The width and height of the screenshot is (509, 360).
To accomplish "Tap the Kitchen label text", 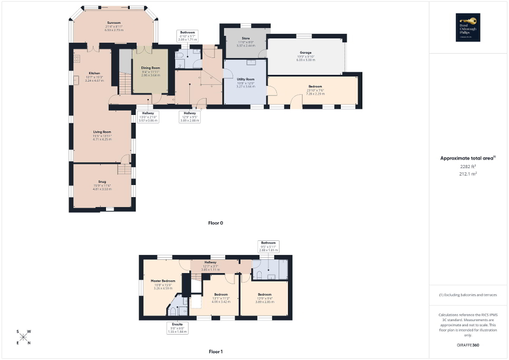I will (80, 73).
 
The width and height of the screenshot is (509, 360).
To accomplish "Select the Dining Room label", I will (150, 68).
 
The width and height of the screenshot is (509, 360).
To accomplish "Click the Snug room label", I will (102, 182).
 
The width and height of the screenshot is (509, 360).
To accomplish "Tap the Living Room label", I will (102, 132).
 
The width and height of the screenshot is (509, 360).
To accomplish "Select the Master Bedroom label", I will (162, 281).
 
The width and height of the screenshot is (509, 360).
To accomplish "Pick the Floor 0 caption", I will (216, 223).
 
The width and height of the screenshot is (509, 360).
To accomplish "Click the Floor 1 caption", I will (216, 351).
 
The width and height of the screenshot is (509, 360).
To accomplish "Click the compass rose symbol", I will (24, 337).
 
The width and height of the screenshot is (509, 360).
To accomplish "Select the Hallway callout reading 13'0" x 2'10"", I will (148, 117).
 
